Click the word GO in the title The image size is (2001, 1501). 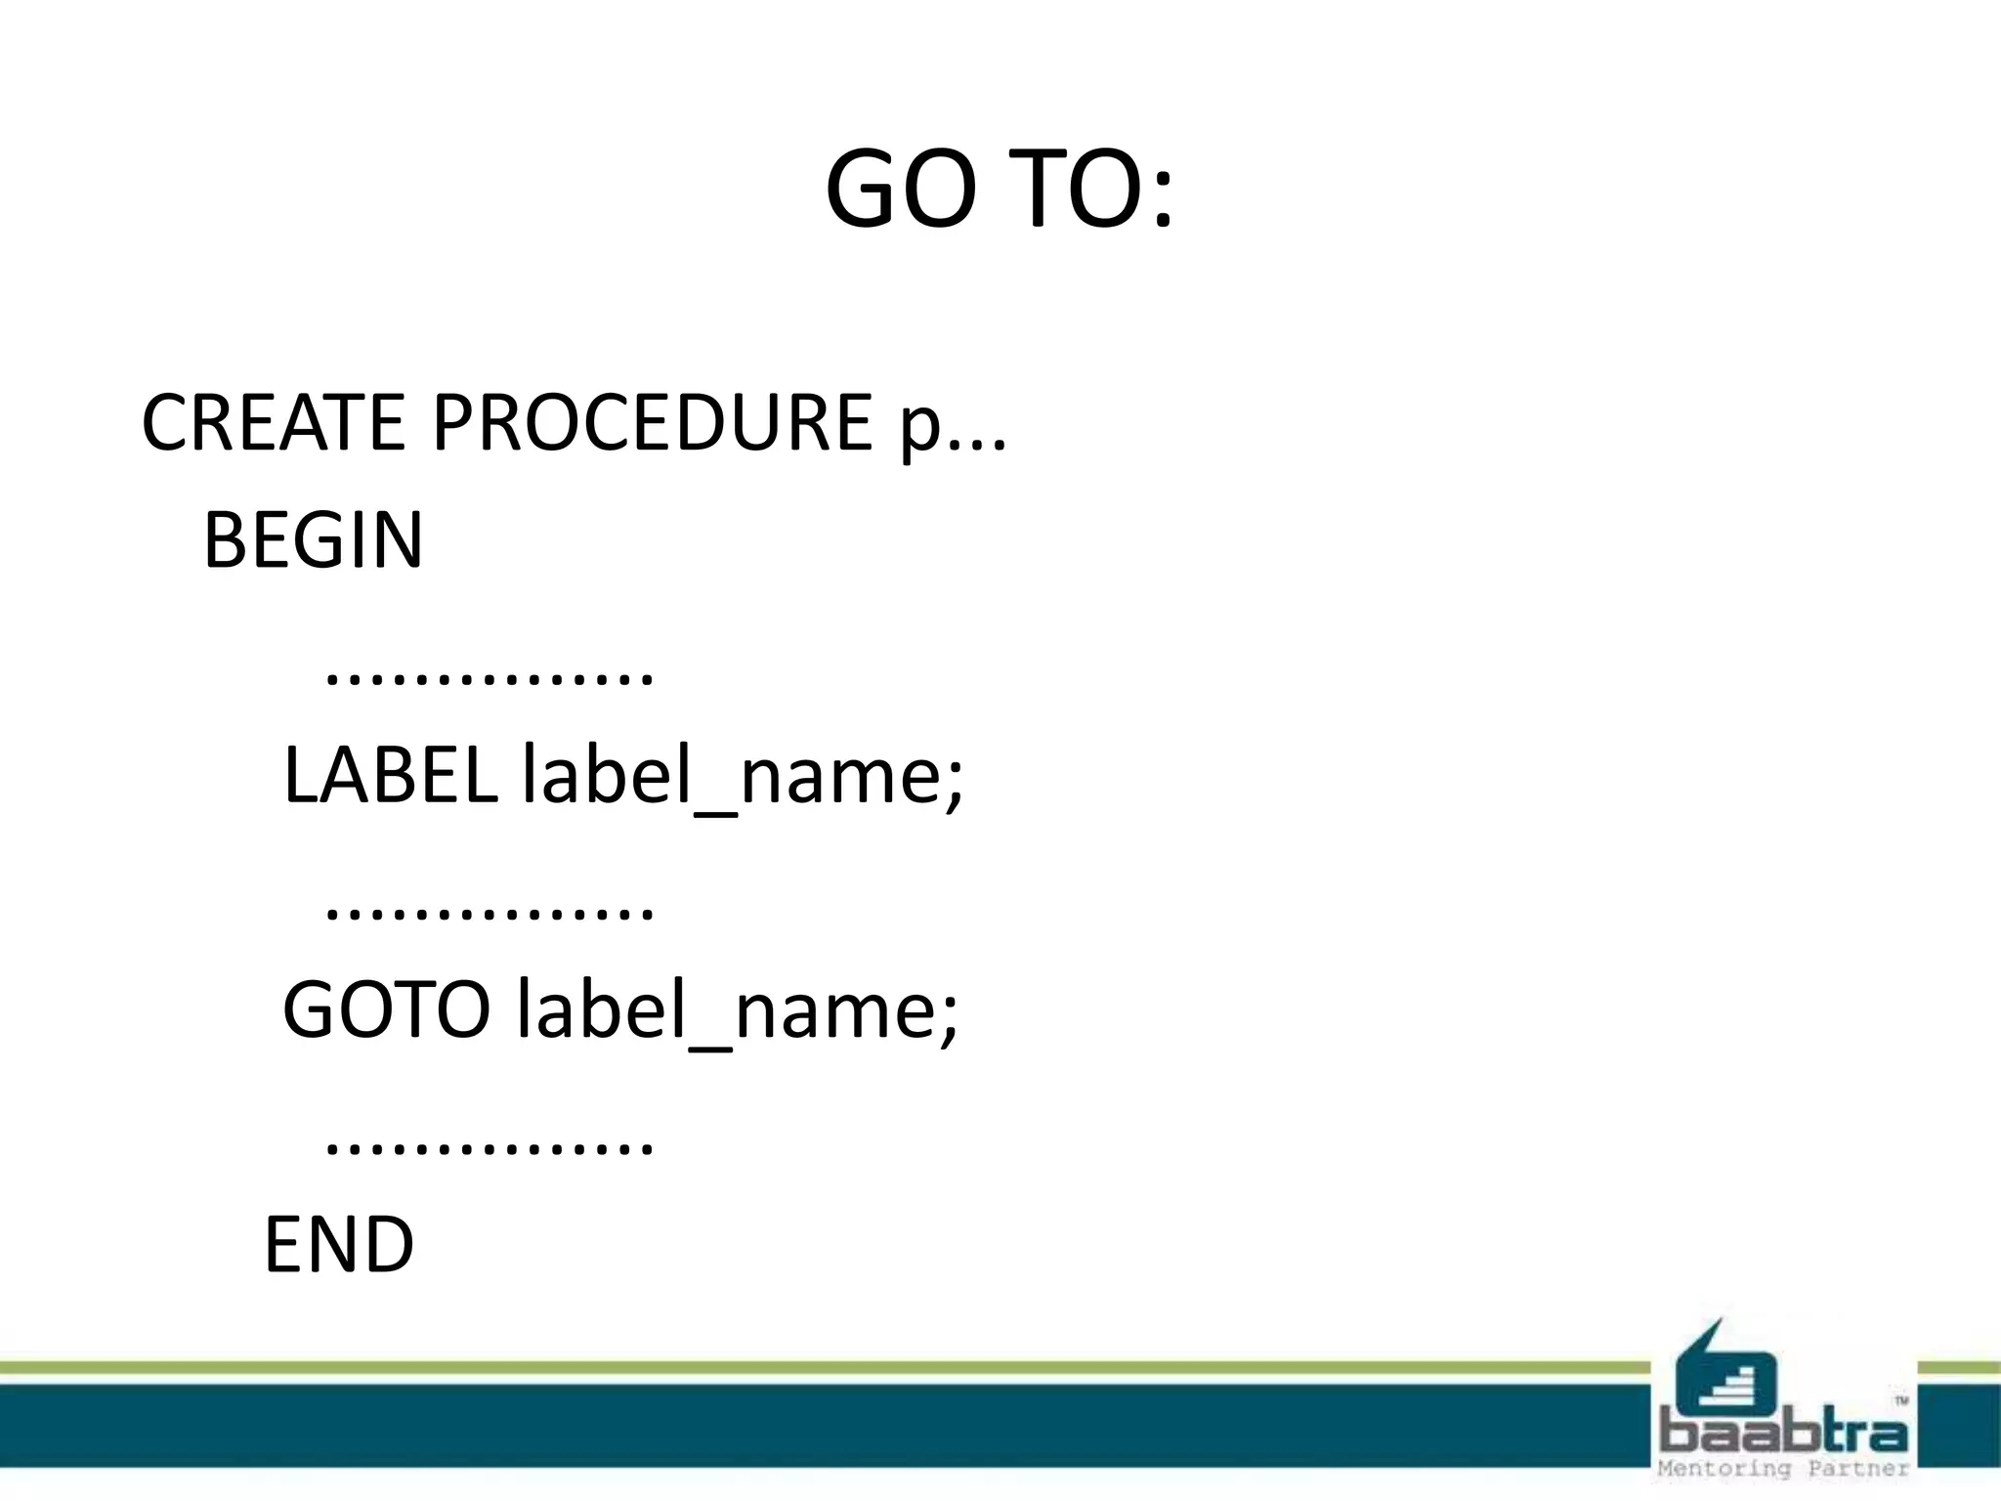[900, 188]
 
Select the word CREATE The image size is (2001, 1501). [273, 422]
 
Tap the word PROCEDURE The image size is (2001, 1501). [652, 422]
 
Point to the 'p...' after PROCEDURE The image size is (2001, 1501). [953, 428]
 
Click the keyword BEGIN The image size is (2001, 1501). [313, 539]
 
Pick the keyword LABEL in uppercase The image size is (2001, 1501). [390, 775]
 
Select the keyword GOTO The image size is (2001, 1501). [386, 1009]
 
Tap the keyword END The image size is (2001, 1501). [338, 1244]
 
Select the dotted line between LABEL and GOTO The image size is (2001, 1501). [489, 912]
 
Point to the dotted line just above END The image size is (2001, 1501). [489, 1146]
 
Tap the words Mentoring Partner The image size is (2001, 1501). [1783, 1469]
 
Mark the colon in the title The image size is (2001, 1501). [1161, 200]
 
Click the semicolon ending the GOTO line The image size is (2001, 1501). [949, 1021]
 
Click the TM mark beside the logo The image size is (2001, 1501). [1901, 1400]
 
